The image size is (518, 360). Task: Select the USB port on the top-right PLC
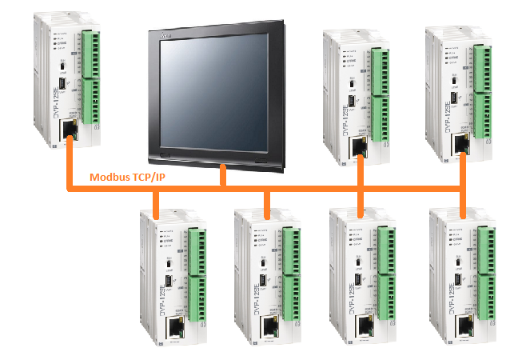(x=453, y=99)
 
